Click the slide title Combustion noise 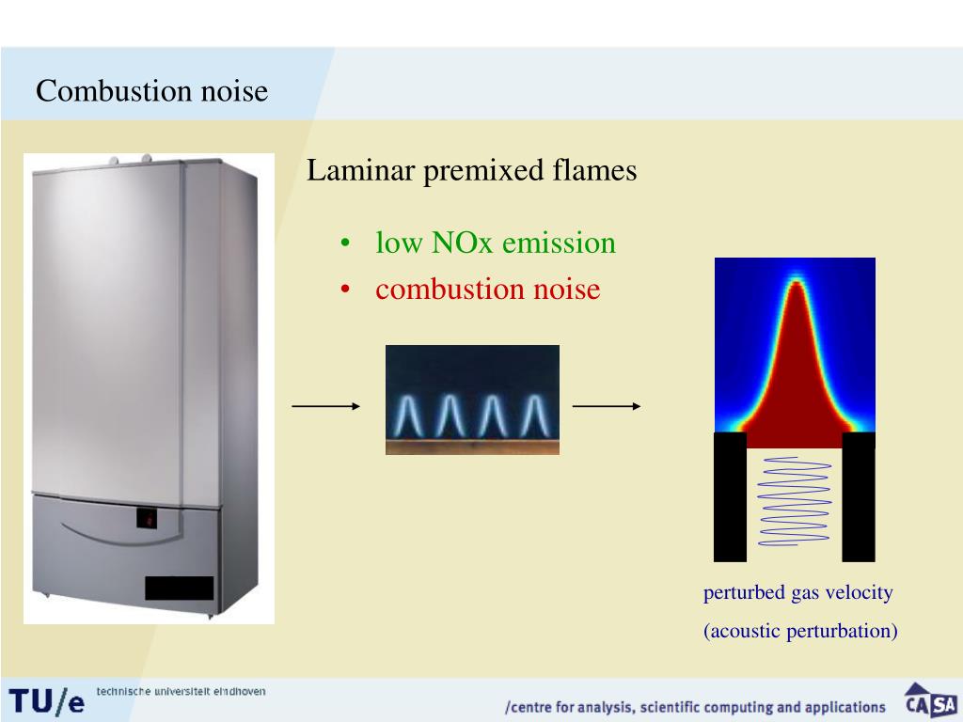151,92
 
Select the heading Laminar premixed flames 471,171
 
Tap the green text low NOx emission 496,243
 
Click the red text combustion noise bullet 487,289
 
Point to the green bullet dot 347,244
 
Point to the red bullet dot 347,290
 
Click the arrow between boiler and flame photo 325,406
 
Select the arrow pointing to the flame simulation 607,406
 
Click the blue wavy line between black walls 795,501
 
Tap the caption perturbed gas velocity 797,593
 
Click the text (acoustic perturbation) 800,631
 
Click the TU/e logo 47,701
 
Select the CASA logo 930,702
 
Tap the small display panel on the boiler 148,517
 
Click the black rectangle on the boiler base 179,588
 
